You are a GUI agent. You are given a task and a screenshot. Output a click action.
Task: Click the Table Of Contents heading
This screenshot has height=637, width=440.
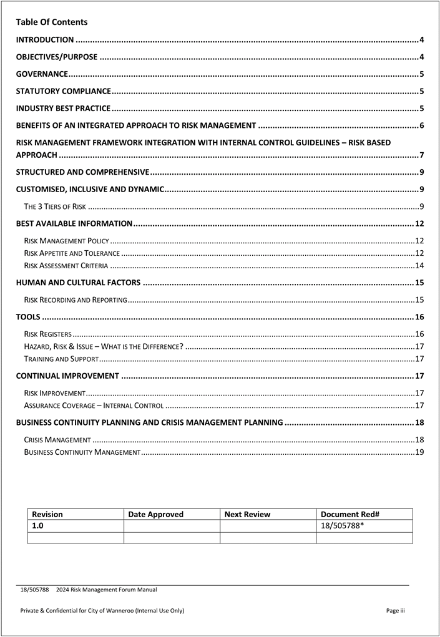(52, 22)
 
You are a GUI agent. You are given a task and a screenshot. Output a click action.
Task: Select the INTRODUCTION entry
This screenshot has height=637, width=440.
(45, 40)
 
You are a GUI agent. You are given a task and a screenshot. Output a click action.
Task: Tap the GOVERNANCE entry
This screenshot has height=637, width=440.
(42, 74)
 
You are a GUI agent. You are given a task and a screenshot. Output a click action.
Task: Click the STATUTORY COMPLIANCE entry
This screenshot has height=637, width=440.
(64, 92)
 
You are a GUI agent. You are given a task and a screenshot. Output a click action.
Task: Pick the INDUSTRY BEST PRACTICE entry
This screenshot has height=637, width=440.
(63, 109)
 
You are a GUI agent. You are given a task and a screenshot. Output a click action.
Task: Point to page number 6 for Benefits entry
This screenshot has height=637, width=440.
(422, 126)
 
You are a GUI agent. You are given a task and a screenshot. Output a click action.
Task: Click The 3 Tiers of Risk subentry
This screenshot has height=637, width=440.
(55, 207)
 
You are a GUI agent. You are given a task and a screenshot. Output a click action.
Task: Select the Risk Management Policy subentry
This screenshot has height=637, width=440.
(67, 241)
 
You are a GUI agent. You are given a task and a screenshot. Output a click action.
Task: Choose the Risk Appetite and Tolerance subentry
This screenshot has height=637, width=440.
(72, 253)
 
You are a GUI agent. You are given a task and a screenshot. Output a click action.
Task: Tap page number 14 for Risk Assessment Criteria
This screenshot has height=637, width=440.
(419, 266)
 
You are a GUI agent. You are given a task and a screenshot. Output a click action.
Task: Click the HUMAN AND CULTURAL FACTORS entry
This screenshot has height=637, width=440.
(78, 283)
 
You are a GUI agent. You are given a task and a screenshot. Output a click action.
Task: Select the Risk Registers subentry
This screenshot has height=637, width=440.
(47, 334)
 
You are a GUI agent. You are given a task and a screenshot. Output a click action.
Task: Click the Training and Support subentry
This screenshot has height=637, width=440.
(61, 359)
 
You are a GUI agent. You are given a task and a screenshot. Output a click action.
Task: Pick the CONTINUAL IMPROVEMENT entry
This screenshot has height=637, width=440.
(67, 376)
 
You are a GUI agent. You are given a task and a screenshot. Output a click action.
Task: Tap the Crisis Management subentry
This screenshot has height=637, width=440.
(57, 440)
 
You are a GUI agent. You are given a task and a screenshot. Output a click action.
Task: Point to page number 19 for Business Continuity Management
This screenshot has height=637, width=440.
(419, 452)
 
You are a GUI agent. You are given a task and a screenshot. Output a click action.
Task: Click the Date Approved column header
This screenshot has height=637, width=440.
(156, 515)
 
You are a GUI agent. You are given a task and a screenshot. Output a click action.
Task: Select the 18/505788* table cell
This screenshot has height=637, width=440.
(343, 526)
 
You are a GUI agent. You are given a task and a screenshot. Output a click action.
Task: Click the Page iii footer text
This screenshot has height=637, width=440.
(396, 611)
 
